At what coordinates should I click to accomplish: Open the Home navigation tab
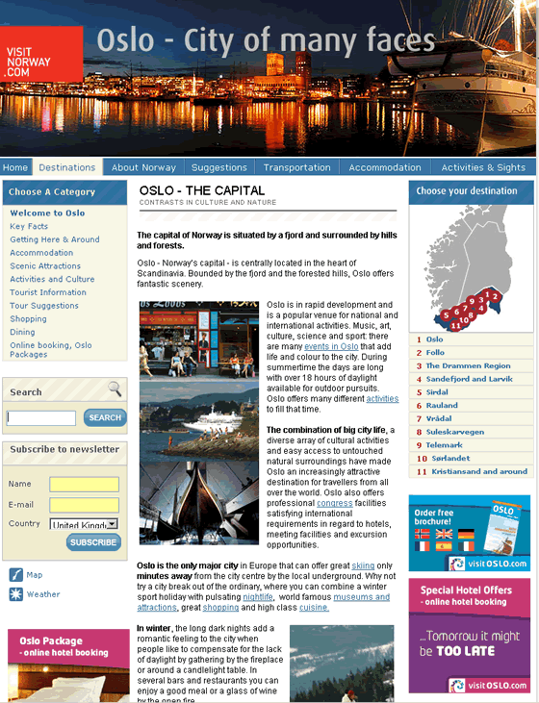point(15,167)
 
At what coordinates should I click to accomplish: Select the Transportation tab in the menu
point(297,167)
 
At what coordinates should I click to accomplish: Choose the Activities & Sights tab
point(483,167)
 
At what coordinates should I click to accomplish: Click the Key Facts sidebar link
point(29,226)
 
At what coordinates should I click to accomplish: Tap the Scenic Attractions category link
point(45,266)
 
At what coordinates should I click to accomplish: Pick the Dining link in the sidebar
point(22,332)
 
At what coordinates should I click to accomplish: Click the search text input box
point(41,418)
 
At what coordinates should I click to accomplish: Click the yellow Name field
point(84,484)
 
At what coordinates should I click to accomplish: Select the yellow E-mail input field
point(84,505)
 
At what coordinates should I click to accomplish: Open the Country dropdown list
point(84,524)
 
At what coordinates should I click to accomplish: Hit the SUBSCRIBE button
point(93,542)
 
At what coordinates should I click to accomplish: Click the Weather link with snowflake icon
point(43,594)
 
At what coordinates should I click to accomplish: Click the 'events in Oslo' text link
point(331,346)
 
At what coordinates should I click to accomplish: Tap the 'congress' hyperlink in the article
point(334,503)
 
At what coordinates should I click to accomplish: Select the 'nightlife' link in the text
point(257,596)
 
